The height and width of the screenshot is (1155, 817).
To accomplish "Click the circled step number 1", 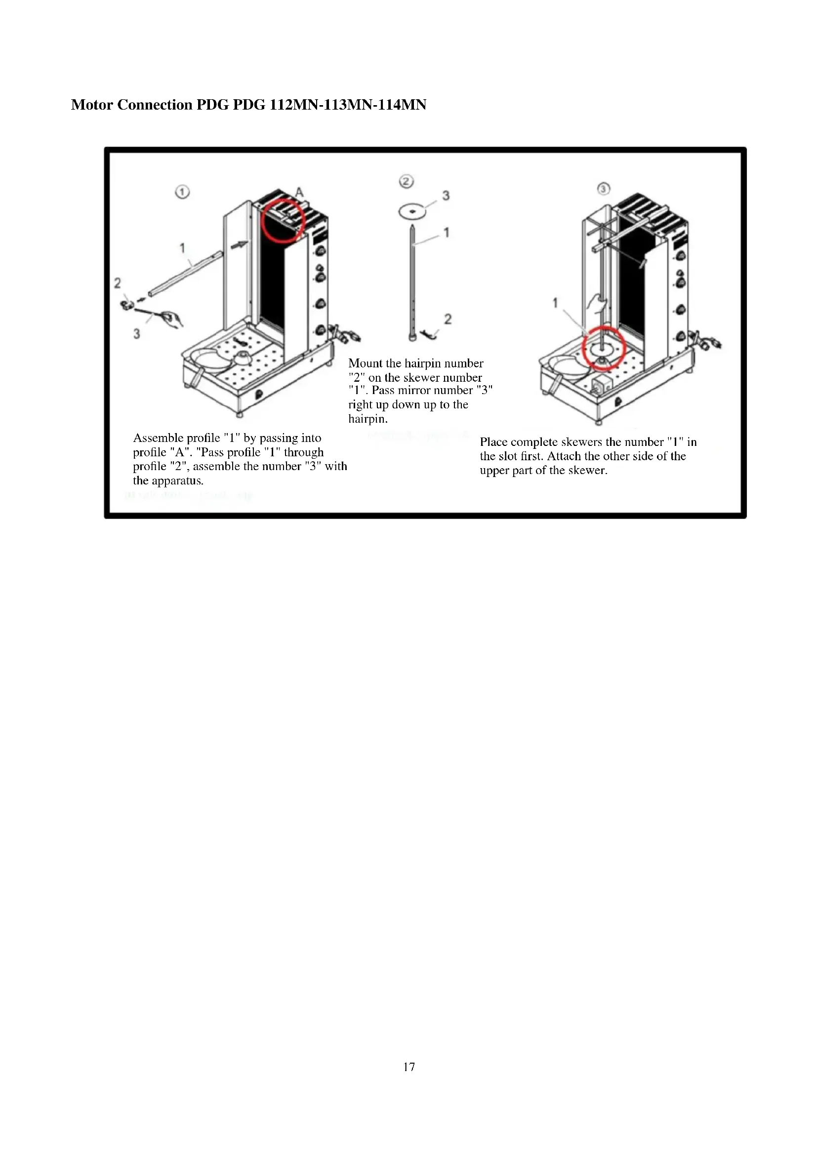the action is [x=182, y=192].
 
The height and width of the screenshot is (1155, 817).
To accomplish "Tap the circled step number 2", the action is [x=406, y=181].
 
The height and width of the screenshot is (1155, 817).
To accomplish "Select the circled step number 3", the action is [x=603, y=189].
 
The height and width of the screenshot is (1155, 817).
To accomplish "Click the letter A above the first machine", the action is [x=299, y=192].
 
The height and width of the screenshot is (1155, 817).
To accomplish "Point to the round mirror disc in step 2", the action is [x=412, y=211].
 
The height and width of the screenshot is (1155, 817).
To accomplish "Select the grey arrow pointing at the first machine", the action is [x=240, y=244].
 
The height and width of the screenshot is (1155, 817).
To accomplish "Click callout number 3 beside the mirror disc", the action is [x=446, y=196].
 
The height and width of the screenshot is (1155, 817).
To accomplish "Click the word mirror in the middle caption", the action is [x=415, y=391].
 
